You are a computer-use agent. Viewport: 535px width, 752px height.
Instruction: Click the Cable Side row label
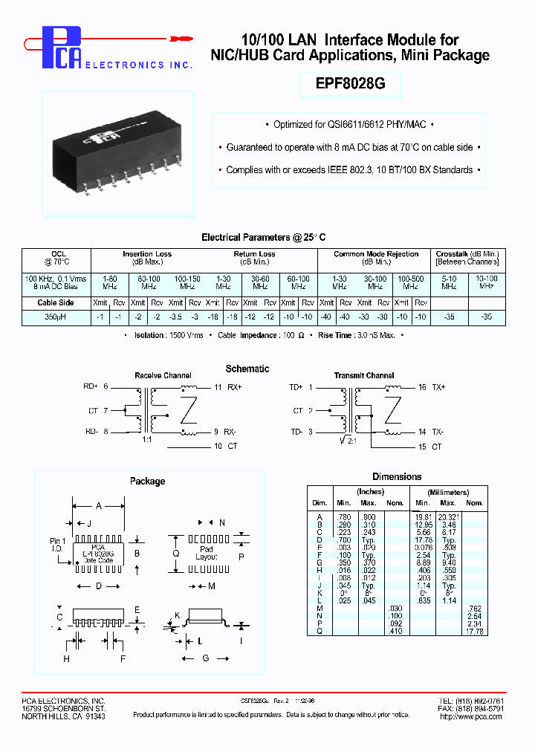pyautogui.click(x=56, y=303)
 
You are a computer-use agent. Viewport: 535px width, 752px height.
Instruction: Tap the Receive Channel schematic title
pyautogui.click(x=163, y=375)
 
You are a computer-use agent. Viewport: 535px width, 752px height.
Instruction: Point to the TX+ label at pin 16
pyautogui.click(x=438, y=388)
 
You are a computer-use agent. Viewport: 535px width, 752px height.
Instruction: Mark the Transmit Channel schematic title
pyautogui.click(x=364, y=375)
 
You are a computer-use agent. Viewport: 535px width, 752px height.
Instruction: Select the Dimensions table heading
pyautogui.click(x=397, y=477)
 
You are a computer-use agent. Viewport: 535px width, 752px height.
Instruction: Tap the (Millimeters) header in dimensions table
pyautogui.click(x=448, y=492)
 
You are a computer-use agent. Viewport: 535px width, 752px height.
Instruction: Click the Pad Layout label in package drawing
pyautogui.click(x=207, y=552)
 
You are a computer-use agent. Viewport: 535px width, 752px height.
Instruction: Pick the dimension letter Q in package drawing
pyautogui.click(x=176, y=554)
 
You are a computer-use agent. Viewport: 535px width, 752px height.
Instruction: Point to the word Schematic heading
pyautogui.click(x=247, y=369)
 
